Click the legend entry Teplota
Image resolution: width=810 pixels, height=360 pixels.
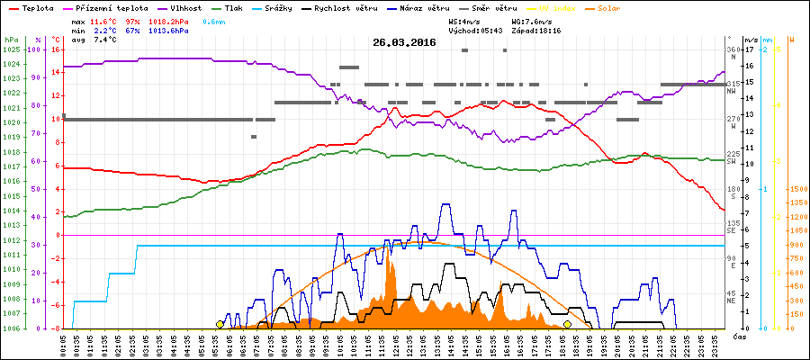[39, 7]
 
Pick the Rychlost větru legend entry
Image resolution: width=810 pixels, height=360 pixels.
[358, 7]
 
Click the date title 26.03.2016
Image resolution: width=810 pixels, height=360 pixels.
[404, 42]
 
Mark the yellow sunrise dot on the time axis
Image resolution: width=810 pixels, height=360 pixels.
[220, 324]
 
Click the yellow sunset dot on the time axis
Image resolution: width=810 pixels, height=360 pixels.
[567, 324]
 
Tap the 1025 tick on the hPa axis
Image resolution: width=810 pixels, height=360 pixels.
[11, 49]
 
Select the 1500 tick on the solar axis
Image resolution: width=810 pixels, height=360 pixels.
[796, 189]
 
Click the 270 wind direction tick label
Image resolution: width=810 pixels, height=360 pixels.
[733, 119]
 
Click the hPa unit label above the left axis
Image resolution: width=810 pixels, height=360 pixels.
[11, 40]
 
